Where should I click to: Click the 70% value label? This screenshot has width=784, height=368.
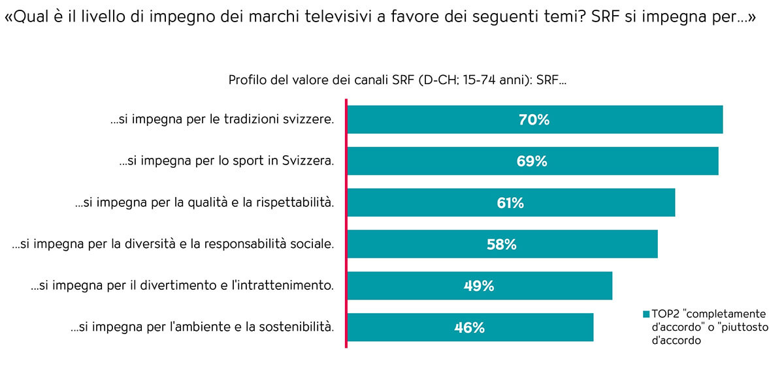(x=534, y=120)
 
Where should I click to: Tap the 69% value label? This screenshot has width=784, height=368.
(x=532, y=161)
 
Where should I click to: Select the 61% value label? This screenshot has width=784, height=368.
(x=510, y=203)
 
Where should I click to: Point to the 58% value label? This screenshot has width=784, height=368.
(x=502, y=245)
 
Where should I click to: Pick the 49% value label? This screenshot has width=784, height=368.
(x=479, y=286)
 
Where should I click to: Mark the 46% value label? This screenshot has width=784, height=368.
(x=470, y=328)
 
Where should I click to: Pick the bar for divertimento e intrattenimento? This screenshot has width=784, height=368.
(x=555, y=286)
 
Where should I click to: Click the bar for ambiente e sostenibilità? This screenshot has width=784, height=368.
(x=542, y=328)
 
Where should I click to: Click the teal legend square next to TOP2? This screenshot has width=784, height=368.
(x=646, y=314)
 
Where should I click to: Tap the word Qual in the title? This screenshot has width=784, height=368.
(x=25, y=18)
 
